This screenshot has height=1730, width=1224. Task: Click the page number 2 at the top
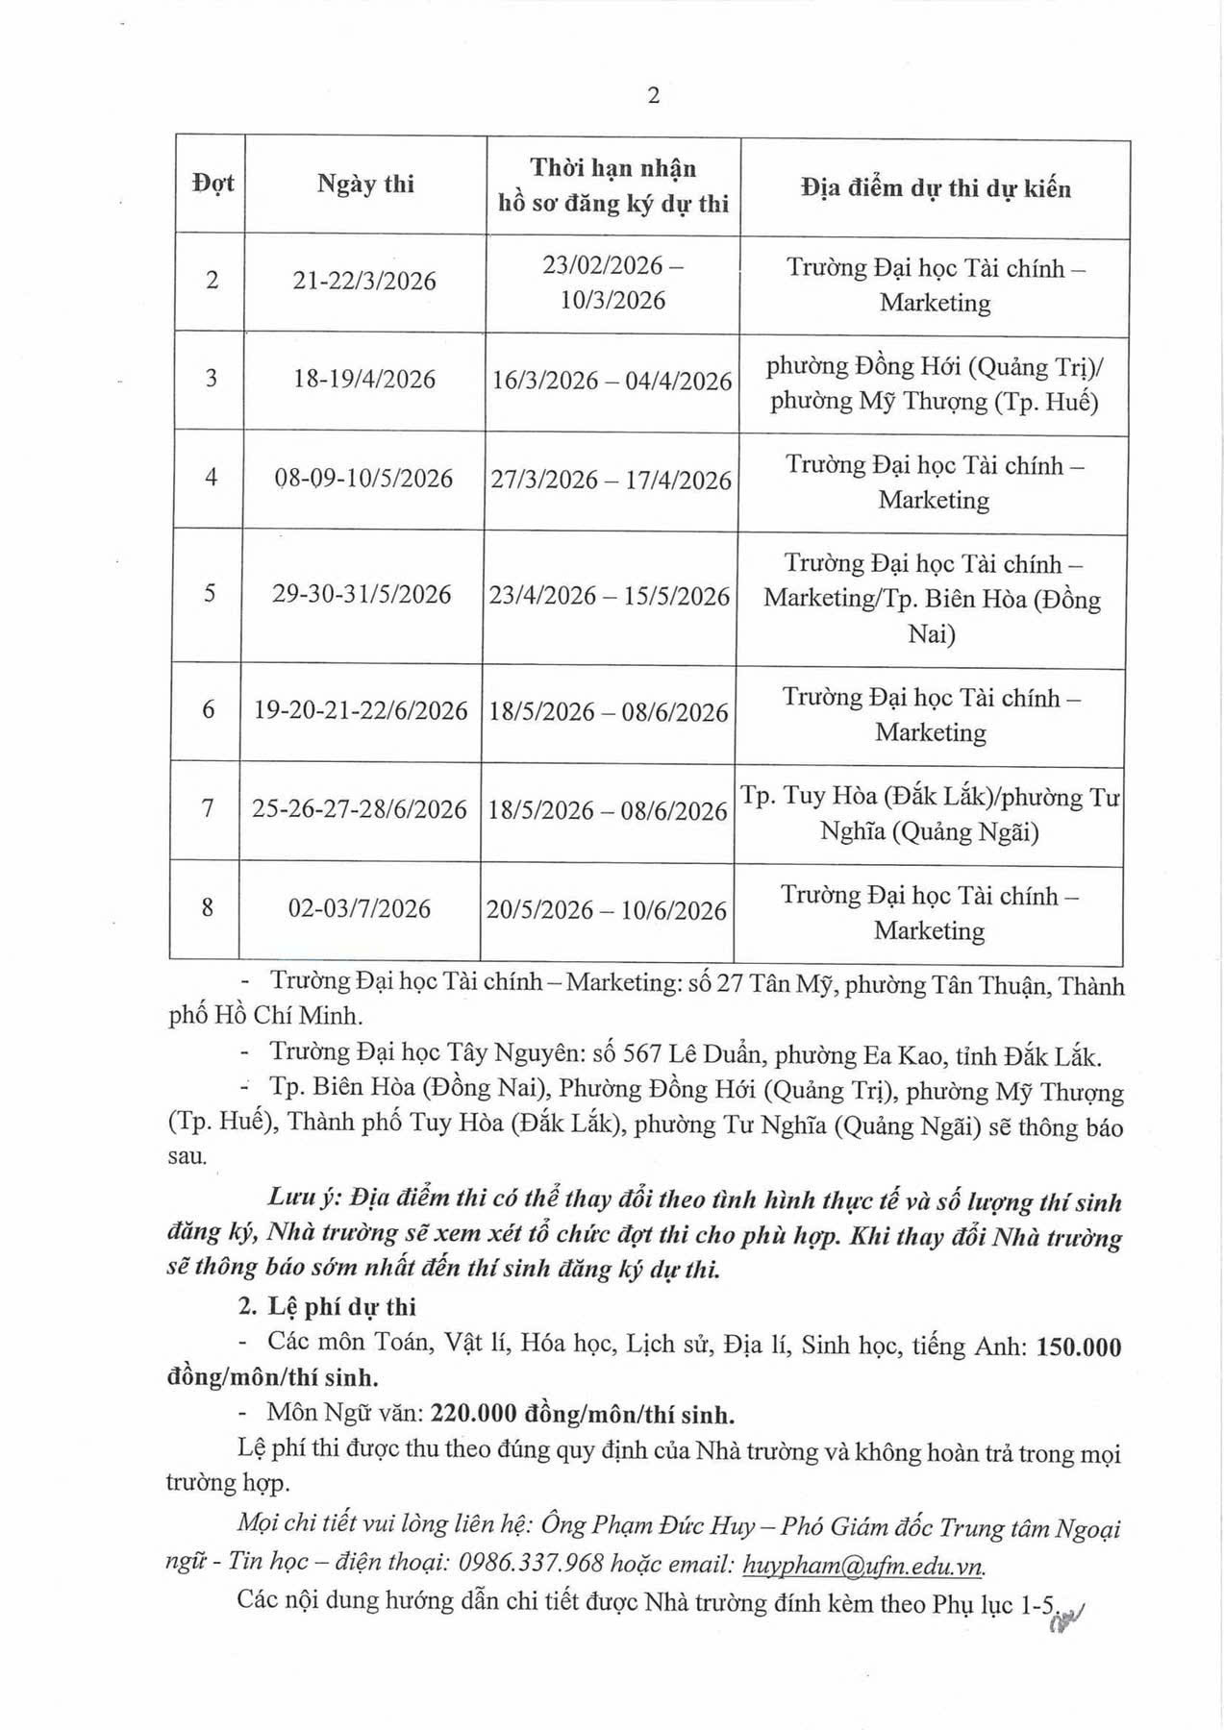click(x=654, y=95)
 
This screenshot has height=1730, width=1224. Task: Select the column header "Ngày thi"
click(x=365, y=185)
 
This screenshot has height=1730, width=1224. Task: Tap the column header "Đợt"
click(x=212, y=184)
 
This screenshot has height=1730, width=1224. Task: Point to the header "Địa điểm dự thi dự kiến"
click(x=935, y=187)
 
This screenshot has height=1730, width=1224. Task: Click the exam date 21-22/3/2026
click(x=364, y=281)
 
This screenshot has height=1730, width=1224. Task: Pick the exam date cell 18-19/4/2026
click(x=364, y=379)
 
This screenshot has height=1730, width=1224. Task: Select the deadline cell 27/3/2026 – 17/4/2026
click(x=611, y=480)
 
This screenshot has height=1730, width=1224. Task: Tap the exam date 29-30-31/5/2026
click(x=362, y=595)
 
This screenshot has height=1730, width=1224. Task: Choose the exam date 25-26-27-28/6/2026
click(x=360, y=810)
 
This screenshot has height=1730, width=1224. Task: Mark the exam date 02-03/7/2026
click(x=360, y=908)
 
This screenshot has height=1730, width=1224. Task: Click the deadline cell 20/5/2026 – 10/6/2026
click(x=607, y=910)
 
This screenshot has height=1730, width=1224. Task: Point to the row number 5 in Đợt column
click(x=210, y=594)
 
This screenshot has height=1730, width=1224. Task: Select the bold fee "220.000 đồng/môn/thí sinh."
click(x=583, y=1414)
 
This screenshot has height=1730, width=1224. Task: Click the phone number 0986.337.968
click(x=546, y=1564)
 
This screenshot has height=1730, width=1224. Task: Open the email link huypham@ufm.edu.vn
click(x=864, y=1565)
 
